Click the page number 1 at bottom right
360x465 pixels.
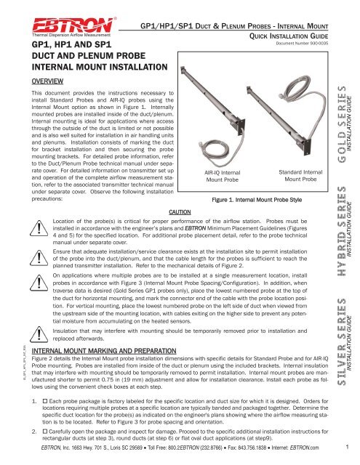click(350, 456)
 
